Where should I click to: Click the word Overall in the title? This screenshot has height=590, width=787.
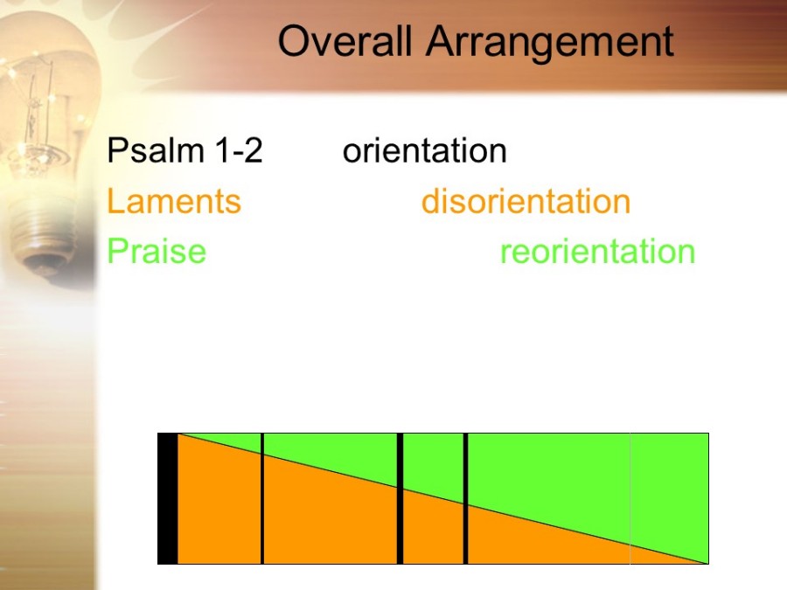345,41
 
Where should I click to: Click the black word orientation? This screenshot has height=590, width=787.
425,150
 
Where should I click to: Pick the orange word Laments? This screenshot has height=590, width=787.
174,201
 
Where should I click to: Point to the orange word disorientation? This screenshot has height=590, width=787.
526,201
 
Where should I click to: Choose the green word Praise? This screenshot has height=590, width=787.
157,251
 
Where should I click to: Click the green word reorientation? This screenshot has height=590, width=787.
598,252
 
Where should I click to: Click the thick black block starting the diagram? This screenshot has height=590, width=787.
168,499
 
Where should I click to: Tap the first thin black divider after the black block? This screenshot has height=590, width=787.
262,499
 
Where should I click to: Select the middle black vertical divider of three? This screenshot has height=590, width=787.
400,499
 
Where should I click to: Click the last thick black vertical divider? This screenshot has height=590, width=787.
466,499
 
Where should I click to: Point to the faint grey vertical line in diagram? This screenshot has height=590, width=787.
630,499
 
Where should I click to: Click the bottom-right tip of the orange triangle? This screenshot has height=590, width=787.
707,564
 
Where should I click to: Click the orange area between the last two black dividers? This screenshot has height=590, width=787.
433,531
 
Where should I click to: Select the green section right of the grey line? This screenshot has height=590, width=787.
670,487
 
